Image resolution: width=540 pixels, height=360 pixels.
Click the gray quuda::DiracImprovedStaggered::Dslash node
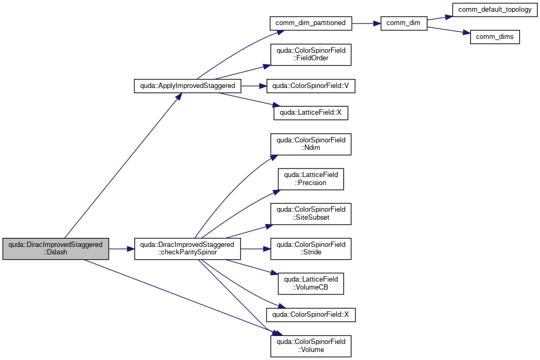[x=56, y=249]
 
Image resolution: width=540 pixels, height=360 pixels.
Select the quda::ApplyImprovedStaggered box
[x=187, y=86]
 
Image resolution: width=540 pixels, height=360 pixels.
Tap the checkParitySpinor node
[x=187, y=249]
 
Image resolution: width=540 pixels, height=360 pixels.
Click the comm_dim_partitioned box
[x=311, y=23]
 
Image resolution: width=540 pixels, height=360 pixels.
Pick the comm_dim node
[x=404, y=23]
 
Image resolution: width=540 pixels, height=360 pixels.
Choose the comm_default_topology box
[x=495, y=10]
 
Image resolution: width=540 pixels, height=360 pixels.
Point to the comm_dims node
[x=495, y=37]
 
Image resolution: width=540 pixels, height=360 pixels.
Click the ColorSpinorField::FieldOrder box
[x=311, y=54]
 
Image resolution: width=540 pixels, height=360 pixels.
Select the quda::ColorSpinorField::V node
[x=311, y=86]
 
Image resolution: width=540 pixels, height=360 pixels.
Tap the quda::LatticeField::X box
[x=311, y=113]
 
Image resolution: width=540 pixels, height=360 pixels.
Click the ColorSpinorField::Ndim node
[x=311, y=144]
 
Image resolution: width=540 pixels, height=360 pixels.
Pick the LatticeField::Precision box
[x=311, y=179]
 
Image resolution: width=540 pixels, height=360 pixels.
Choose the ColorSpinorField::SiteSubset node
[x=311, y=213]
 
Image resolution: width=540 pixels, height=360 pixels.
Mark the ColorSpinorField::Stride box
[x=311, y=249]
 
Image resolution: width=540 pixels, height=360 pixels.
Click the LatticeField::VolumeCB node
[x=311, y=284]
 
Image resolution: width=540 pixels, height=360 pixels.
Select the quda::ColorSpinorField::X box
[x=311, y=315]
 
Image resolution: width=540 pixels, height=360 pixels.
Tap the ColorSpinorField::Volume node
[x=311, y=346]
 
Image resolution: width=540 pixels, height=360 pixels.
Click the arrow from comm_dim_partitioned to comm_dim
[x=366, y=23]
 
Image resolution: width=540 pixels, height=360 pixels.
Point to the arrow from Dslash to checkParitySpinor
[x=122, y=249]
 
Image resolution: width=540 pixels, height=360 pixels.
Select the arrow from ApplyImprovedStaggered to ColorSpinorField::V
[x=254, y=86]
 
